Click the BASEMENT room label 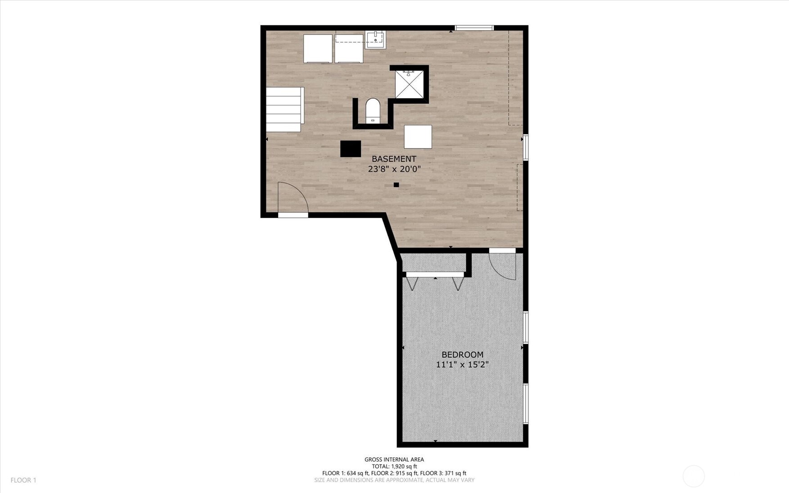(x=394, y=159)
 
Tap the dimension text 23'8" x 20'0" (x=394, y=169)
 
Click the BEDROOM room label (x=462, y=355)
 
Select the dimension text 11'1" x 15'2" (x=462, y=365)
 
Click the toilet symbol (x=373, y=110)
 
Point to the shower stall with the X (x=409, y=84)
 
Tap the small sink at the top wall (x=375, y=39)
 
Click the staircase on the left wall (x=284, y=110)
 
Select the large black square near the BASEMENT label (x=351, y=149)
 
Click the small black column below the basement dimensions (x=396, y=185)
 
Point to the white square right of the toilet (x=418, y=137)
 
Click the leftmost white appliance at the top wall (x=318, y=49)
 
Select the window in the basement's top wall (x=474, y=28)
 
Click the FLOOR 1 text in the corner (x=23, y=480)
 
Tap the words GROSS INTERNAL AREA (x=394, y=460)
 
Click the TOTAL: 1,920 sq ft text (x=394, y=466)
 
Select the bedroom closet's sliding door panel (x=435, y=274)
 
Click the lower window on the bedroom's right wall (x=525, y=403)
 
